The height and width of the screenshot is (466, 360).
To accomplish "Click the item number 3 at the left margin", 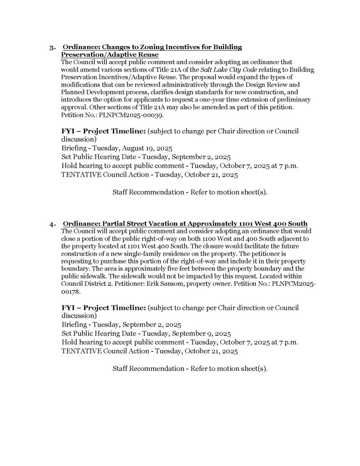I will coord(52,47).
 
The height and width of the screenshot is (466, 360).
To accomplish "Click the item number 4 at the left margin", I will coord(52,223).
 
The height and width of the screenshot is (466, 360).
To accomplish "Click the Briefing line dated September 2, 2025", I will coord(121,325).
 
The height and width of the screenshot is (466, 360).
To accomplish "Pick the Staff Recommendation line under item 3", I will coord(190,192).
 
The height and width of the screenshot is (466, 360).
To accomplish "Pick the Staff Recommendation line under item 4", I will coord(190,368).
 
